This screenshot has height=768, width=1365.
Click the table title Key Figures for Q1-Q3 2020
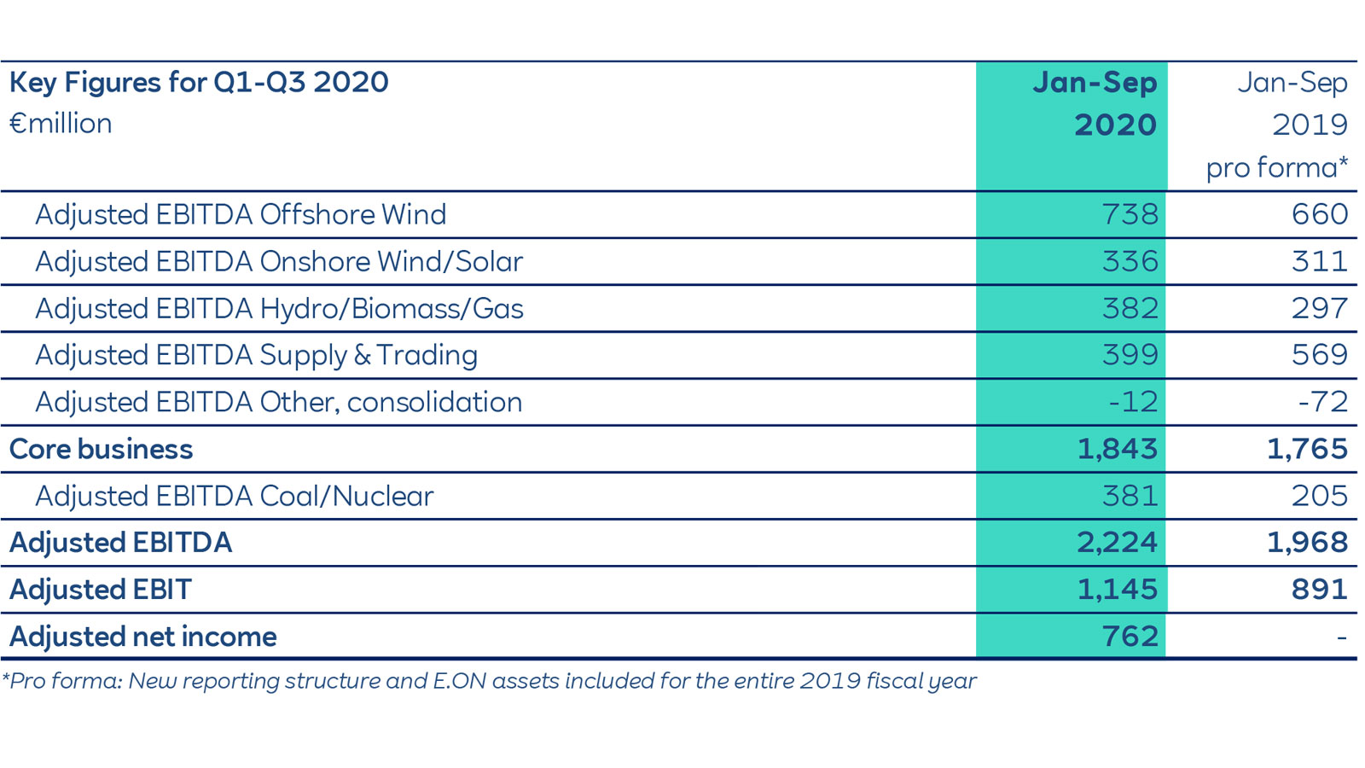coord(199,83)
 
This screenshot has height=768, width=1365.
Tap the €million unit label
coord(61,124)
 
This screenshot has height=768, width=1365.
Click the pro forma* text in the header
coord(1276,168)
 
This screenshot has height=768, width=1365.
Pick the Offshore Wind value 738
coord(1130,214)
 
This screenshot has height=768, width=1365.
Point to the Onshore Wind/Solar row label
coord(278,261)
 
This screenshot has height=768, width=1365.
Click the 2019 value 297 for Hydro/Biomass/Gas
coord(1319,308)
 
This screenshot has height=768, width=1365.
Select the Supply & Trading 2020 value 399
coord(1130,355)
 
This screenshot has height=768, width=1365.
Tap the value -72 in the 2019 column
coord(1322,402)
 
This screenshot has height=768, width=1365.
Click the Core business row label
coord(101,449)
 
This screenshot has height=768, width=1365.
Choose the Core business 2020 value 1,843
coord(1117,449)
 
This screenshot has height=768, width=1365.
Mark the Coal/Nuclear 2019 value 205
coord(1319,496)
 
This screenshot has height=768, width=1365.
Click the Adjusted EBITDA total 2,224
coord(1117,543)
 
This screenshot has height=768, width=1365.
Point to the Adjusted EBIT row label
coord(101,590)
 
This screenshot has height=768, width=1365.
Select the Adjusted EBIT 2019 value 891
coord(1319,590)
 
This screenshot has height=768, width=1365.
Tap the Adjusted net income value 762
coord(1130,637)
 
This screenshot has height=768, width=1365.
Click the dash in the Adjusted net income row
coord(1341,637)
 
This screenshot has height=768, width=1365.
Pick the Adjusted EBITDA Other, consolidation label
coord(278,402)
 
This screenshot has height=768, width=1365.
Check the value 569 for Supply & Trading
coord(1319,355)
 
